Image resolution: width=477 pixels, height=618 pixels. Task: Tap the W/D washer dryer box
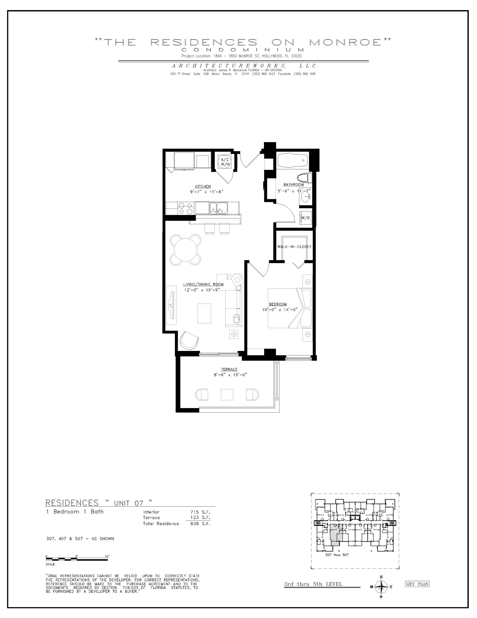[306, 218]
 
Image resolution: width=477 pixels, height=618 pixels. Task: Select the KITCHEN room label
[203, 186]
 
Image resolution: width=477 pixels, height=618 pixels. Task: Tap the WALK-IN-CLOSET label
[294, 247]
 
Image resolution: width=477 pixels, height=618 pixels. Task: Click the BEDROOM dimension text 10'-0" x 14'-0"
[280, 309]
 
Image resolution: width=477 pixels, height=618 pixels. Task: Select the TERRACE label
[229, 369]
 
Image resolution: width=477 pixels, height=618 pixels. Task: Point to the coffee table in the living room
[204, 313]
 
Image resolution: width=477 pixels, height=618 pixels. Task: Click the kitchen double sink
[218, 208]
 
